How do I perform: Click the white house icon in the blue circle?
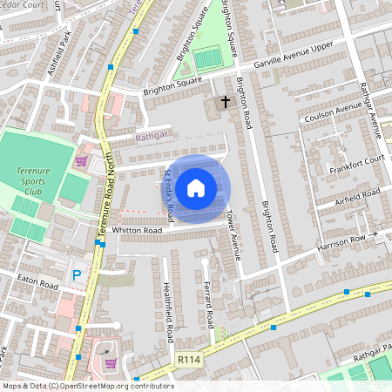pos(196,188)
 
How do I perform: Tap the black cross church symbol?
pos(226,102)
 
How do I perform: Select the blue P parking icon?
pos(77,275)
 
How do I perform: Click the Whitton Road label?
pos(136,230)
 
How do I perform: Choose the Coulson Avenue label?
pos(332,113)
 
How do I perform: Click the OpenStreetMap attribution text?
pos(88,386)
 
